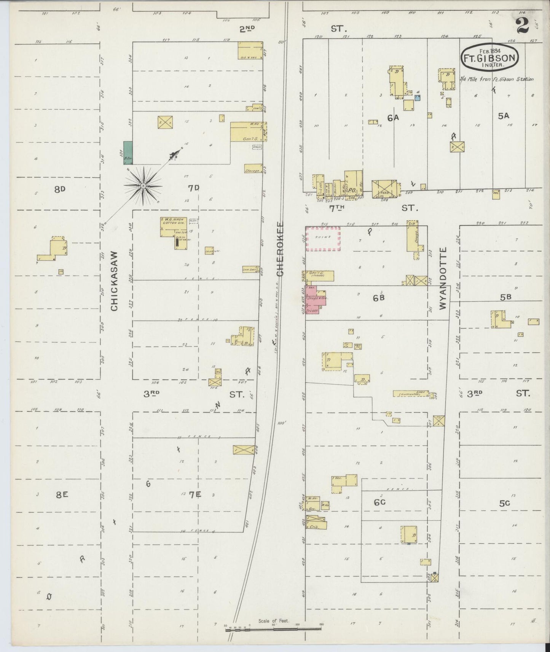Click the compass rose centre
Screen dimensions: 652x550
point(143,186)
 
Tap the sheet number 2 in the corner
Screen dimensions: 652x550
point(523,25)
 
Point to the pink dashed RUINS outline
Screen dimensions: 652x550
point(323,239)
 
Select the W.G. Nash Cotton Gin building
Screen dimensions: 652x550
point(174,227)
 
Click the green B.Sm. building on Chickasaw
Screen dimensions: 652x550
point(128,153)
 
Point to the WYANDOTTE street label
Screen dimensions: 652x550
point(442,278)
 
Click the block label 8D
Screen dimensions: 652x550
point(60,189)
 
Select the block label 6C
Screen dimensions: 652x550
point(379,502)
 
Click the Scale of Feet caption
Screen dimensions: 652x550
point(273,621)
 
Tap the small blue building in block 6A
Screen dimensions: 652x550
point(417,98)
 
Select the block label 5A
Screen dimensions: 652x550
point(503,116)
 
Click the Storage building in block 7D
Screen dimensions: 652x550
point(253,169)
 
